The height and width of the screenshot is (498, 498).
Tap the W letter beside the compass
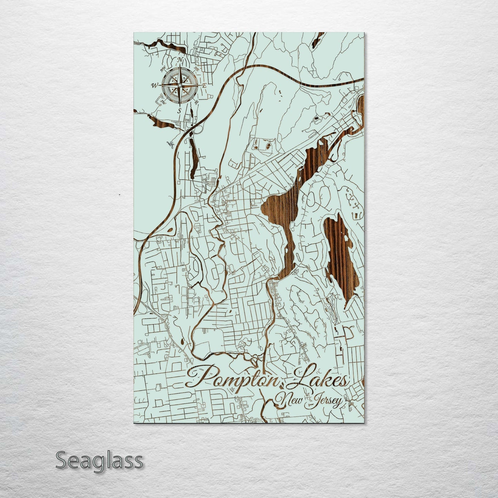click(x=154, y=85)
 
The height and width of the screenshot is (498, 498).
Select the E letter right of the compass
click(x=204, y=85)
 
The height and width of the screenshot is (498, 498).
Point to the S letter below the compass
click(x=179, y=111)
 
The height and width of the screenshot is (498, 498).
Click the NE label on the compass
click(x=197, y=69)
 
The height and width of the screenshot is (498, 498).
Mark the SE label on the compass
click(x=196, y=102)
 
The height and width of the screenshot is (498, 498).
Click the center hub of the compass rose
click(x=180, y=85)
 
